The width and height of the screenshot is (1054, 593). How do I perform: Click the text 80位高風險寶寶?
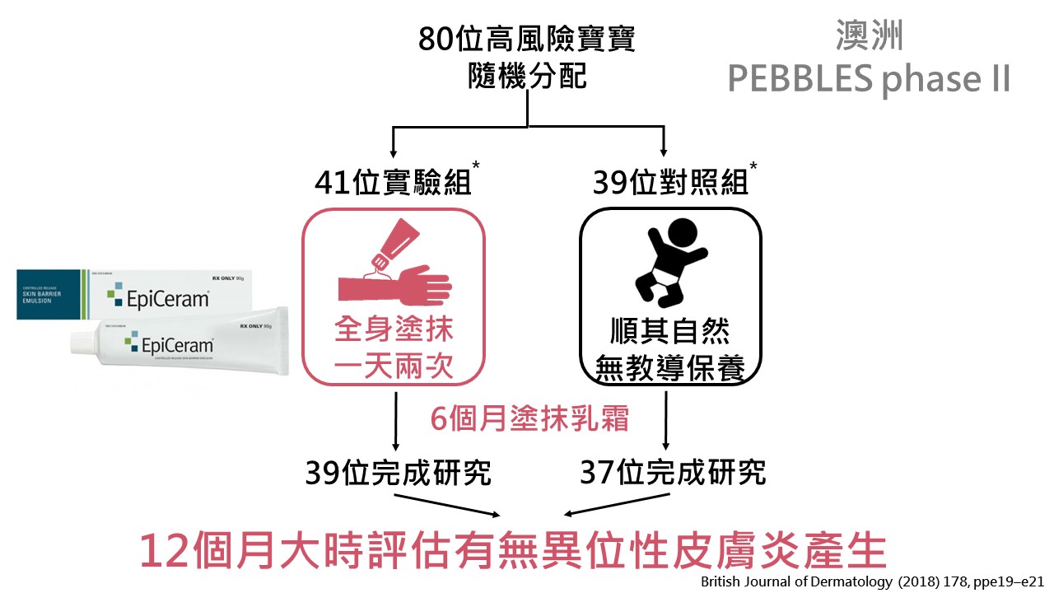tap(526, 39)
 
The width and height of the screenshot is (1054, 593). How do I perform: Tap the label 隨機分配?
tap(526, 77)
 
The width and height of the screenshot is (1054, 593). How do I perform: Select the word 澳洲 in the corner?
tap(869, 37)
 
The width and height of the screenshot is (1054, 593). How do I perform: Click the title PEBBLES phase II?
tap(869, 80)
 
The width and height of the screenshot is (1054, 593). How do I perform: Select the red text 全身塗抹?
tap(394, 332)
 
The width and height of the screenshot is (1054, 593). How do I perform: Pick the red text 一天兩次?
tap(394, 367)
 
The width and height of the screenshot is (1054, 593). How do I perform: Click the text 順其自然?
tap(669, 332)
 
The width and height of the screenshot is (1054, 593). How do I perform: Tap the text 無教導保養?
tap(669, 368)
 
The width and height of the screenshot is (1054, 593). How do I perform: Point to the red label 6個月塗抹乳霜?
tap(530, 419)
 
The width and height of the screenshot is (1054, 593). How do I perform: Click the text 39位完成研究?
tap(398, 473)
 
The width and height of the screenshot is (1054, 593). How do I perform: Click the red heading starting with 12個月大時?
tap(512, 551)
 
